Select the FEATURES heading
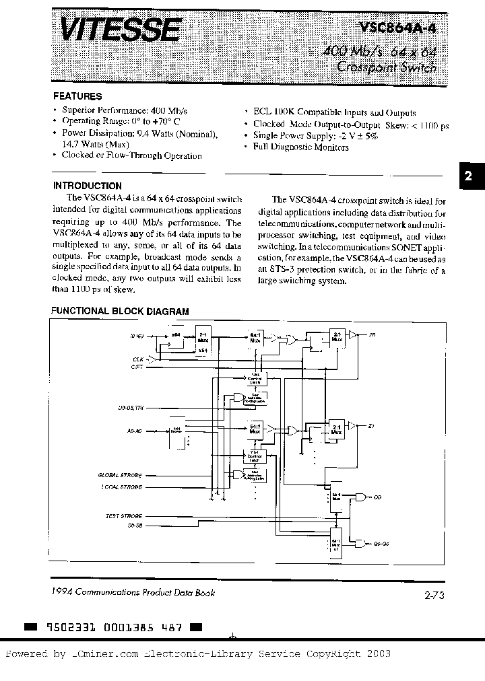(77, 96)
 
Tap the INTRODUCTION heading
(87, 186)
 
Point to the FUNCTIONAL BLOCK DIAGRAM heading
(121, 312)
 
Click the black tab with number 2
(469, 176)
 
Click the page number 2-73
(436, 594)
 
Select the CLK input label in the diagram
(138, 360)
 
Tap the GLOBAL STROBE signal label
(122, 475)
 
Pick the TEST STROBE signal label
(124, 515)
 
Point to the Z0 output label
(372, 334)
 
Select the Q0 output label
(377, 497)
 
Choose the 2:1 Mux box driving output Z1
(336, 431)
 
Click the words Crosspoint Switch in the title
(386, 67)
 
